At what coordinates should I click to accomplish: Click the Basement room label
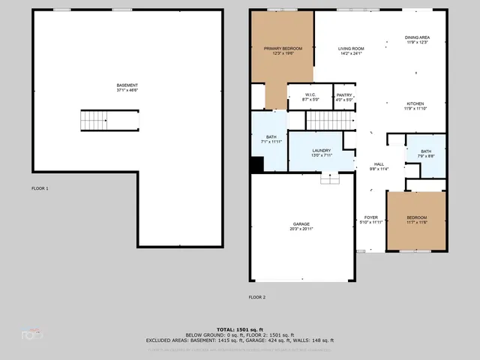[127, 88]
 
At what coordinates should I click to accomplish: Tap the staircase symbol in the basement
[95, 119]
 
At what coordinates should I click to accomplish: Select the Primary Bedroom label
[282, 50]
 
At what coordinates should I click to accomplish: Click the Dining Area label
[417, 40]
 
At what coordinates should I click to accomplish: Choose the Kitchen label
[415, 106]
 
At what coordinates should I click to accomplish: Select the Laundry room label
[321, 153]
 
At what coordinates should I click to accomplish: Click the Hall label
[379, 166]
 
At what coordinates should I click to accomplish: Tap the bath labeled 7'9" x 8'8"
[425, 154]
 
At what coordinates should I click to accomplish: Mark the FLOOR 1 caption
[40, 188]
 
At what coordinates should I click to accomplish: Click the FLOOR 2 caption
[257, 297]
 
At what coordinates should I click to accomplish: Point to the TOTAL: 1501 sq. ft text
[239, 329]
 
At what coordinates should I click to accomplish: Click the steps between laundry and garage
[330, 178]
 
